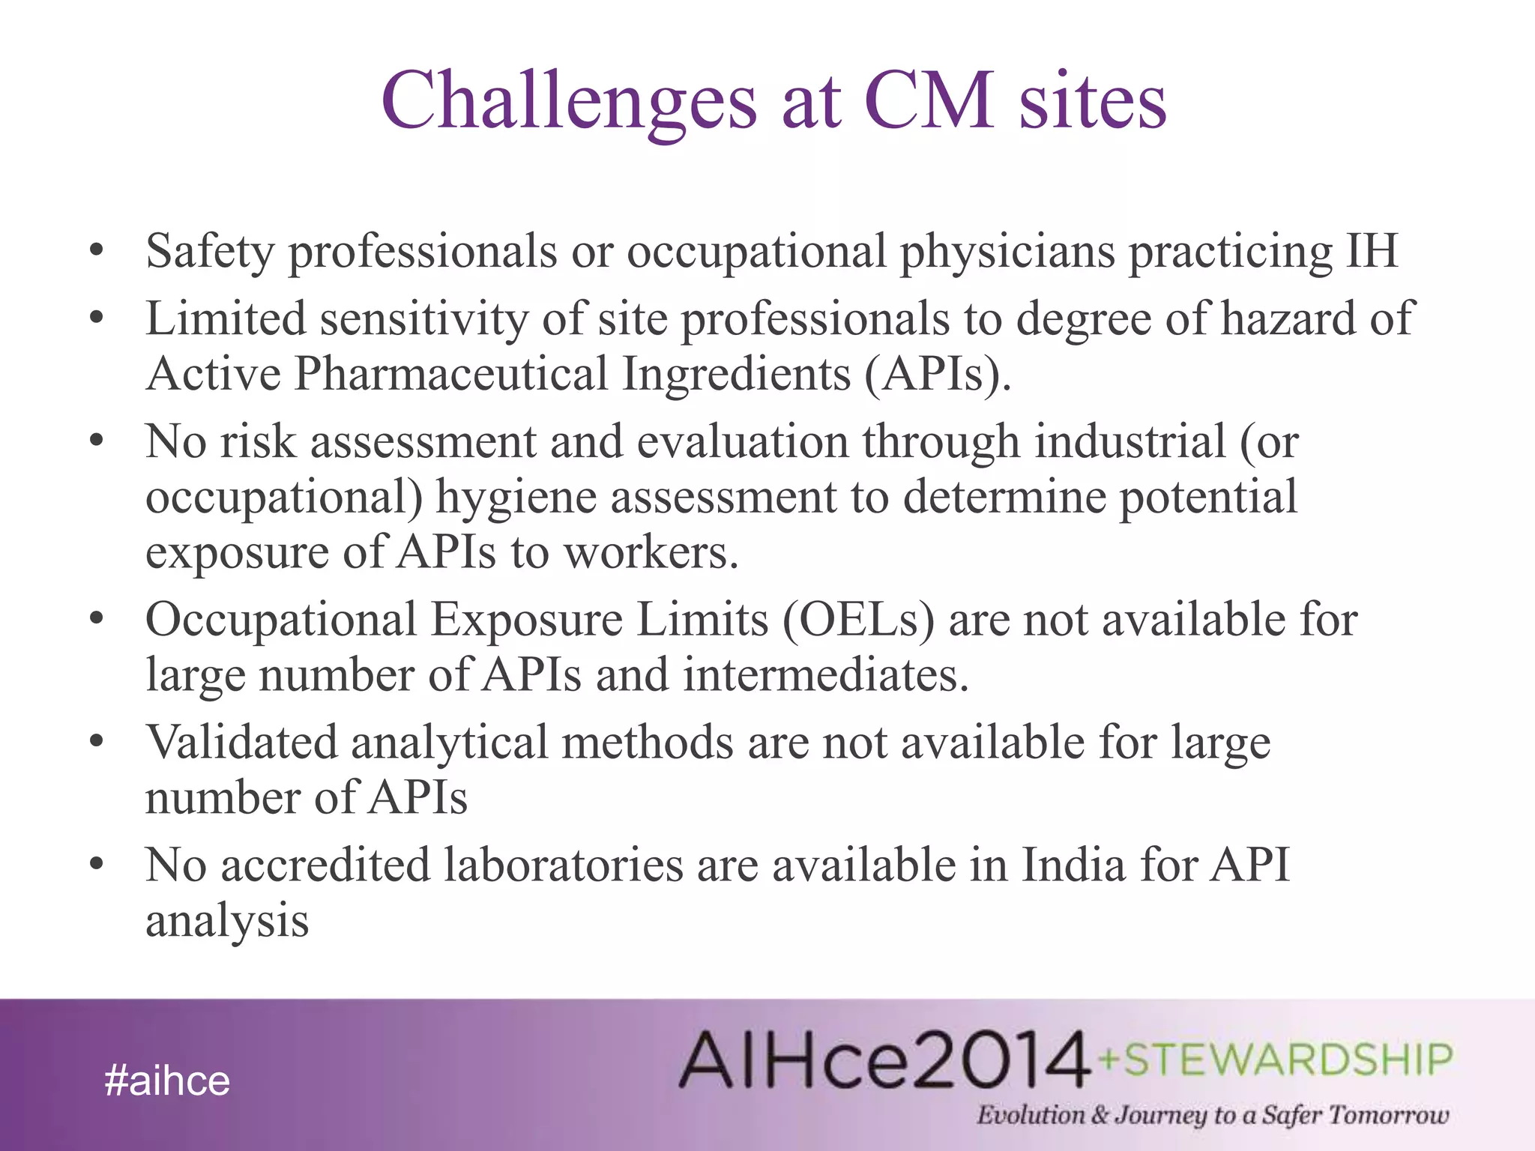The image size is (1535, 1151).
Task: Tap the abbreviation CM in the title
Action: tap(929, 101)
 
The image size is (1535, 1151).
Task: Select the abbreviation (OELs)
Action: tap(859, 620)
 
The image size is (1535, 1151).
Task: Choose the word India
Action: tap(1073, 865)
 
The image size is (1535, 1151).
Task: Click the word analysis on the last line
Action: tap(226, 922)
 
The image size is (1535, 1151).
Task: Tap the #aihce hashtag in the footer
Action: tap(167, 1081)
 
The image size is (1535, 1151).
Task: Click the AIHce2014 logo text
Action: tap(884, 1060)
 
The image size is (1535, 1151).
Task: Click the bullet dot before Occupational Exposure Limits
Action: tap(95, 620)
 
